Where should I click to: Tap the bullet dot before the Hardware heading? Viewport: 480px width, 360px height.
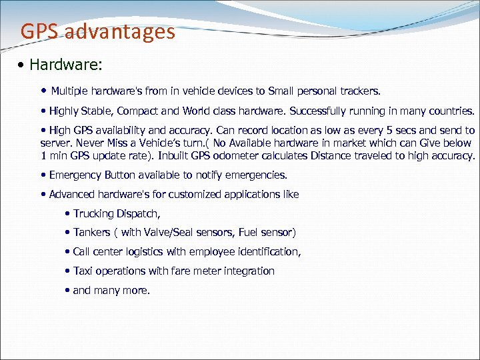[x=23, y=65]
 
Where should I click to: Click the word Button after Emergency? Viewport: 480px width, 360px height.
[x=121, y=175]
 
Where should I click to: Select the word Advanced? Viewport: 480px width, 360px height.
[x=70, y=195]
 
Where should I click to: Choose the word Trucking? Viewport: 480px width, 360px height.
[x=94, y=214]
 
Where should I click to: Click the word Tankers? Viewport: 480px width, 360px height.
[x=92, y=233]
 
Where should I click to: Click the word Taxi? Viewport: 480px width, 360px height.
[x=83, y=271]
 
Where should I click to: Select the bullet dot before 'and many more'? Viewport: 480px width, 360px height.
[x=68, y=291]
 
